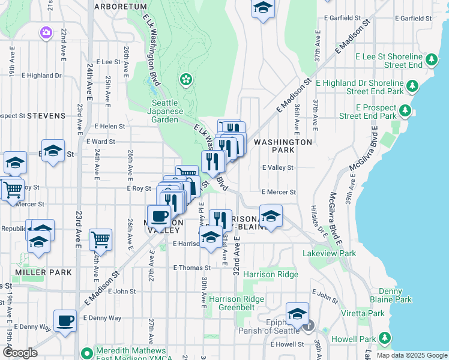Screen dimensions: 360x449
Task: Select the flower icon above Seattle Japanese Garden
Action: pyautogui.click(x=186, y=79)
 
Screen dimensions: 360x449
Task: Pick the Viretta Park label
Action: pyautogui.click(x=368, y=313)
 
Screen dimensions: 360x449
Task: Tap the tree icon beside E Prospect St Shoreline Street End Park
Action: pyautogui.click(x=405, y=111)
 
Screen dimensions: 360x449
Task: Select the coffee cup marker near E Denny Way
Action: pyautogui.click(x=65, y=320)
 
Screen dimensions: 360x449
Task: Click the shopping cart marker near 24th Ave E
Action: pyautogui.click(x=100, y=239)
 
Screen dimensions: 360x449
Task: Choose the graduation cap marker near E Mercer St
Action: pyautogui.click(x=271, y=217)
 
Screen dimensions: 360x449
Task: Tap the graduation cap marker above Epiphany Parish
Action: pyautogui.click(x=297, y=313)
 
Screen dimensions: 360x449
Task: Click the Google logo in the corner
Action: pyautogui.click(x=20, y=353)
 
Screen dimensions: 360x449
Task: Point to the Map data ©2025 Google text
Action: pyautogui.click(x=411, y=355)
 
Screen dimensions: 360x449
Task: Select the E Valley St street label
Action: pyautogui.click(x=278, y=168)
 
